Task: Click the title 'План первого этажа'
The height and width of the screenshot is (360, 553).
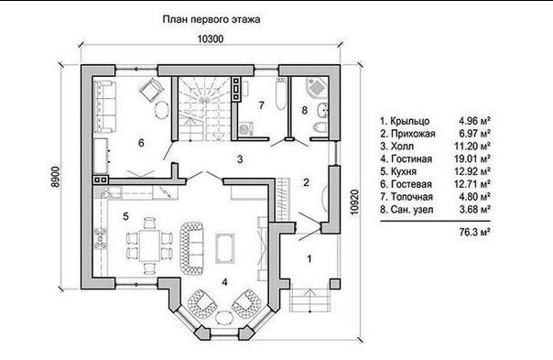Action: click(x=211, y=19)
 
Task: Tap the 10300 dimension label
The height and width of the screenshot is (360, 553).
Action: click(x=211, y=38)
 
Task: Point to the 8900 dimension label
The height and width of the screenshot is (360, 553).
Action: click(x=56, y=177)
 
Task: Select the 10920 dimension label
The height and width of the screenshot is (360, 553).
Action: click(x=354, y=202)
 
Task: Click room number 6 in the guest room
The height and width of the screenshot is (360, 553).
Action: click(x=141, y=143)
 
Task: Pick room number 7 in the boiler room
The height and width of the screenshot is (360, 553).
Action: click(x=261, y=105)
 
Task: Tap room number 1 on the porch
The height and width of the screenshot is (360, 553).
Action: click(x=309, y=258)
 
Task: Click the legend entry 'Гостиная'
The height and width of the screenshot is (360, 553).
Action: click(x=411, y=159)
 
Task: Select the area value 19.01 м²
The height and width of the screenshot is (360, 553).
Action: click(x=472, y=158)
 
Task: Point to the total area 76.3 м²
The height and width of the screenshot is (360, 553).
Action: click(x=475, y=232)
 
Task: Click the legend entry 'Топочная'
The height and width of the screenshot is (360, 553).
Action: click(x=412, y=197)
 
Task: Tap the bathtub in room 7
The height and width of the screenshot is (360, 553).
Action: click(x=281, y=94)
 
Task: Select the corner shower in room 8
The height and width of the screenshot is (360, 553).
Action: click(x=317, y=86)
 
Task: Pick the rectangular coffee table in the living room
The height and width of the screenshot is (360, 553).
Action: click(x=224, y=248)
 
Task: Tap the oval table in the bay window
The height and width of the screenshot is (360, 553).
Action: click(x=224, y=317)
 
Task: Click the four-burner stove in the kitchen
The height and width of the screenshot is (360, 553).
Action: click(x=100, y=238)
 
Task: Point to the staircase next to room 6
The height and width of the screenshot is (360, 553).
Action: click(x=204, y=109)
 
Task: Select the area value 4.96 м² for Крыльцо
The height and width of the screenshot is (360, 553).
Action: click(x=474, y=121)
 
